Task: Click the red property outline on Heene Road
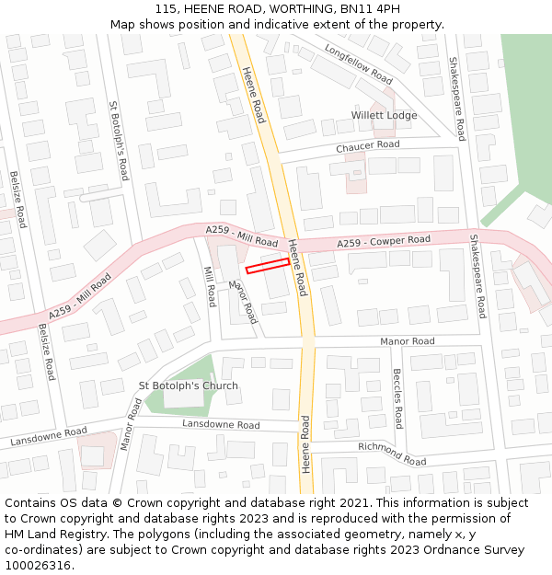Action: (268, 266)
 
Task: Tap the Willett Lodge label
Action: (384, 116)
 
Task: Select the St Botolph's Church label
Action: (188, 385)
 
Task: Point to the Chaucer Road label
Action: (367, 145)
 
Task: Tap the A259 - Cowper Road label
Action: (383, 241)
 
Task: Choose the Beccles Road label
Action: (397, 398)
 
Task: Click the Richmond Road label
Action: (393, 453)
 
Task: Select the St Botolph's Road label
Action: (118, 140)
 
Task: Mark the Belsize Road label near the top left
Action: (18, 200)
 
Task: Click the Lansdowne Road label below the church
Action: (221, 424)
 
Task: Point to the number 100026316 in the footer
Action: (39, 565)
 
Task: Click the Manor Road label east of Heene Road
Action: (408, 341)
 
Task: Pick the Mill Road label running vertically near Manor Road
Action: (210, 285)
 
